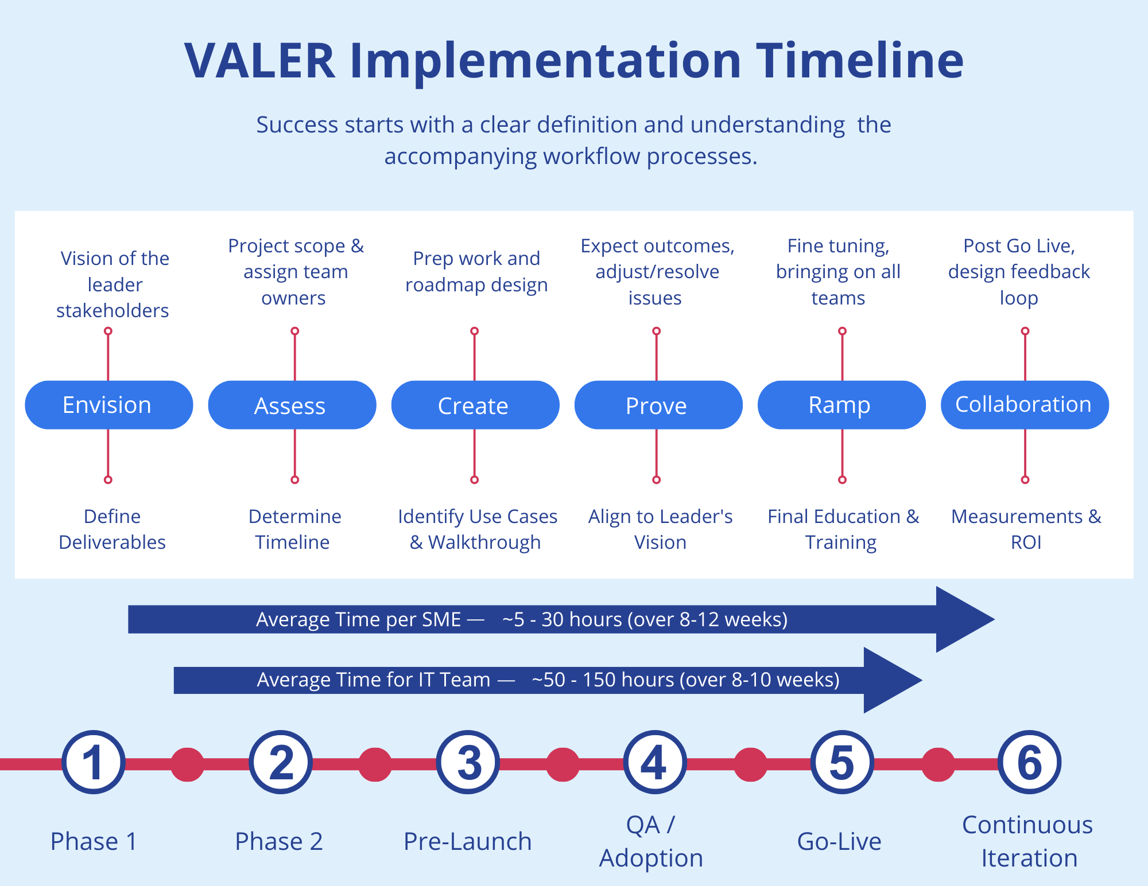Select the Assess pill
[x=292, y=405]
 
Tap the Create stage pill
[x=475, y=405]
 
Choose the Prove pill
[x=658, y=405]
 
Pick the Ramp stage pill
[x=841, y=405]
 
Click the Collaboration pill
[x=1024, y=405]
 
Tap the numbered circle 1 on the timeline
[x=93, y=762]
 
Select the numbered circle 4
[x=654, y=762]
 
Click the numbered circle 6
[x=1029, y=762]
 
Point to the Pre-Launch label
[x=467, y=841]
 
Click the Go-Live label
[x=839, y=841]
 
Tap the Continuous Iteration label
[x=1027, y=841]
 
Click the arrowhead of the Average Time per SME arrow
[x=961, y=619]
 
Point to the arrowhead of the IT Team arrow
[x=890, y=680]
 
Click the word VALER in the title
[x=259, y=61]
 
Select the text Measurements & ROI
[x=1026, y=529]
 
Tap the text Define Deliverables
[x=112, y=529]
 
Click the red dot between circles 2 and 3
[x=375, y=764]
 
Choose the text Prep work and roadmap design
[x=476, y=271]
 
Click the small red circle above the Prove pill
[x=657, y=331]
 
